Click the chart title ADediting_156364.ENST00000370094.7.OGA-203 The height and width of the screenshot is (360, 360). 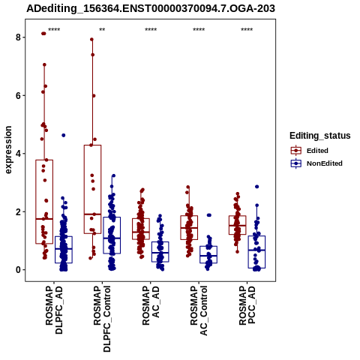pyautogui.click(x=151, y=8)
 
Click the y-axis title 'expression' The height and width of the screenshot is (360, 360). pyautogui.click(x=8, y=150)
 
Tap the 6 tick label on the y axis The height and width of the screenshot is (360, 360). pyautogui.click(x=18, y=95)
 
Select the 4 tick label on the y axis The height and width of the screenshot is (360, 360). pyautogui.click(x=18, y=154)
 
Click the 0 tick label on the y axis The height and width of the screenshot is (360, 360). pyautogui.click(x=18, y=270)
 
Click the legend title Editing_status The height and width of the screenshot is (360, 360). pyautogui.click(x=320, y=136)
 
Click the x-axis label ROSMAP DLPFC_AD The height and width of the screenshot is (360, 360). pyautogui.click(x=54, y=310)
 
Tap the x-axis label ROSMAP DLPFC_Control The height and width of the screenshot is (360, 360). pyautogui.click(x=102, y=319)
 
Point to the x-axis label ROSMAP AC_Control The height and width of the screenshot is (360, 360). pyautogui.click(x=199, y=310)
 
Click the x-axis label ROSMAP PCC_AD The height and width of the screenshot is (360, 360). pyautogui.click(x=247, y=305)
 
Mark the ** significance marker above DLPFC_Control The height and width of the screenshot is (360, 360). pyautogui.click(x=102, y=30)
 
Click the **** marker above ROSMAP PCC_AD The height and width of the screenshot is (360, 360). pyautogui.click(x=247, y=30)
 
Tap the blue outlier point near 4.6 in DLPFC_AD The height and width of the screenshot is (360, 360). pyautogui.click(x=64, y=135)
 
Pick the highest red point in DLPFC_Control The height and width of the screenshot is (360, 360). pyautogui.click(x=91, y=39)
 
